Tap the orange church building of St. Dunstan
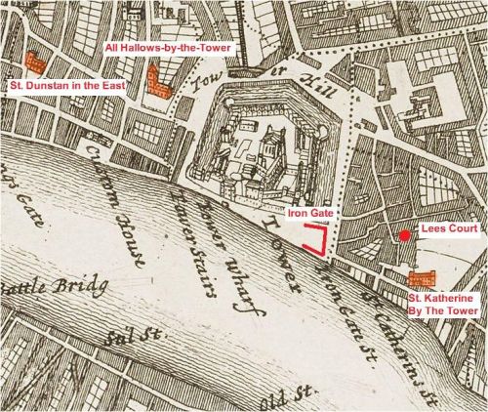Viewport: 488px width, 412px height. (36, 62)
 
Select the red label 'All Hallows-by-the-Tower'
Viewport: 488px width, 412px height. (157, 47)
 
